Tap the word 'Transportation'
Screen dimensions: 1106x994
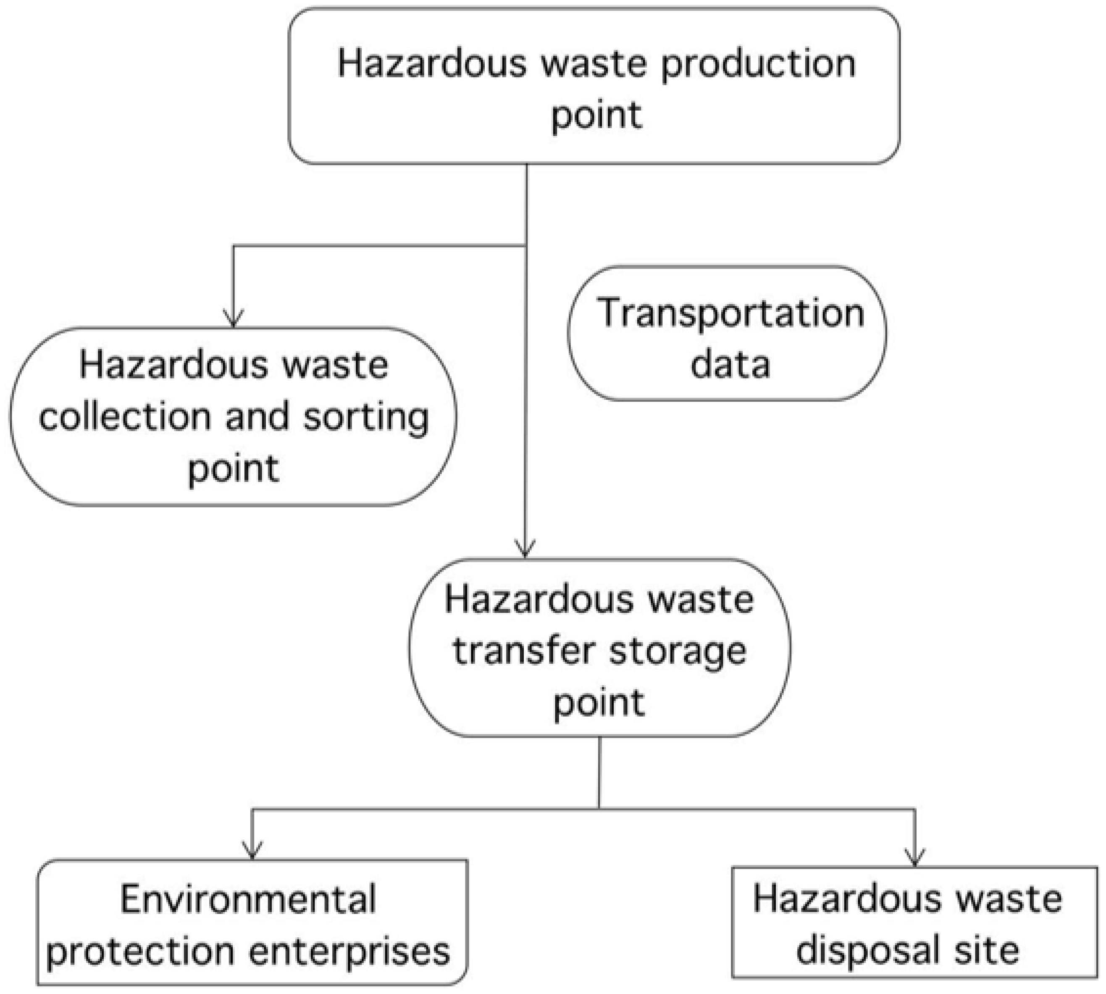[730, 314]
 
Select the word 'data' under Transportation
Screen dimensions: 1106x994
[730, 364]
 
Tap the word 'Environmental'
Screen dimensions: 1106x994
[248, 899]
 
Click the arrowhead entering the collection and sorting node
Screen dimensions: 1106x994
[234, 319]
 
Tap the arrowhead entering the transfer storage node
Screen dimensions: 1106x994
[525, 549]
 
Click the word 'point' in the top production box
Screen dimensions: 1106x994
[596, 115]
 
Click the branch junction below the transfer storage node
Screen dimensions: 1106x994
[599, 809]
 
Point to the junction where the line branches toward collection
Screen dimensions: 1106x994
[526, 246]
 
